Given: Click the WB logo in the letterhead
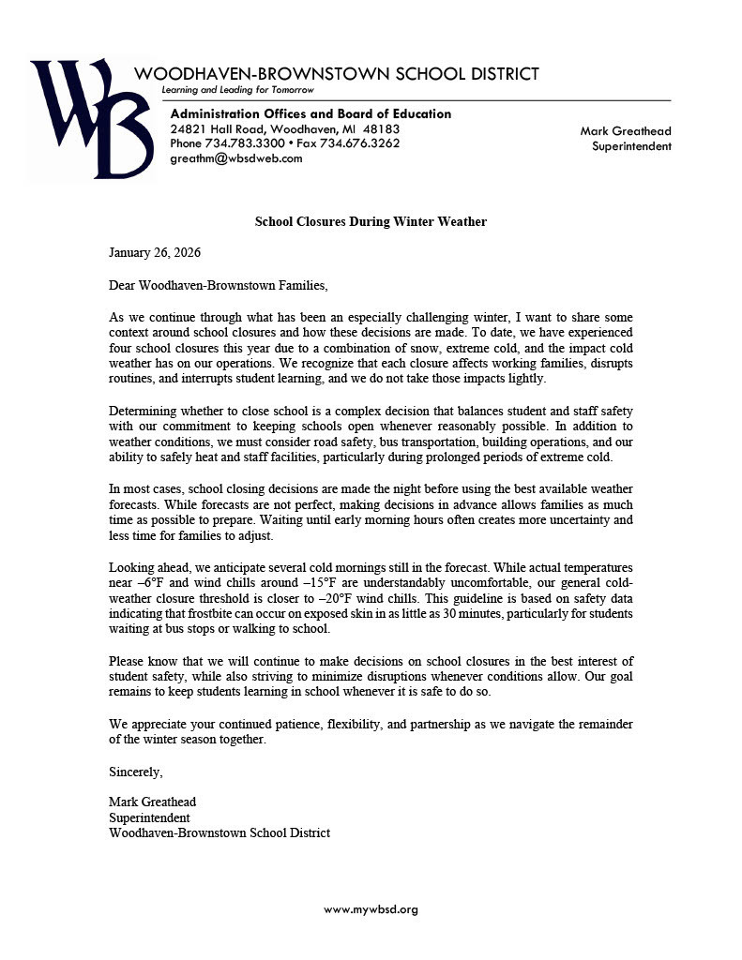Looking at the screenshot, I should (x=91, y=118).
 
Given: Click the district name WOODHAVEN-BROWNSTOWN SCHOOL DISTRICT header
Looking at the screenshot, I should (x=336, y=74).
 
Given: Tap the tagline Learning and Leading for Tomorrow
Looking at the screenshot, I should (x=237, y=90).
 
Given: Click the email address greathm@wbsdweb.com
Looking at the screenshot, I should (x=236, y=158).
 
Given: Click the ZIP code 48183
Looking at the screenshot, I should (x=381, y=128).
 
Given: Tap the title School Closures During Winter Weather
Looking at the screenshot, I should (x=371, y=221).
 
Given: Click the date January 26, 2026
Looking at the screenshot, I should (x=155, y=253).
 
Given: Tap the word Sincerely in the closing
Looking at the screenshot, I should (x=136, y=772).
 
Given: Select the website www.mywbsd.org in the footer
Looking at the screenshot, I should (x=371, y=909).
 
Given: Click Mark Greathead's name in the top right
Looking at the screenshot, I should (x=626, y=131).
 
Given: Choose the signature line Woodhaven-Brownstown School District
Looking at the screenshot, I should (x=220, y=832).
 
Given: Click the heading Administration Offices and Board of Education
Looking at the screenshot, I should (x=310, y=113).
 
